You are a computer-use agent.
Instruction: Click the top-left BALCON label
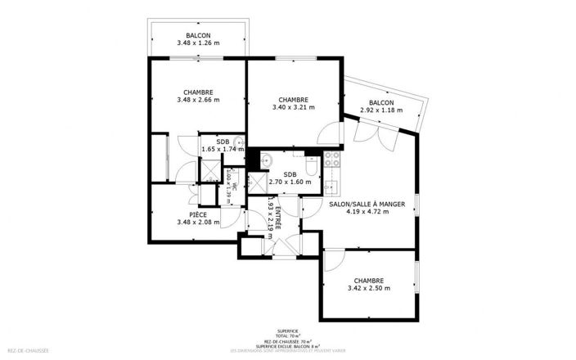tap(198, 35)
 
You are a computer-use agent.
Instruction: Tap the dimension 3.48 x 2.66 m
tap(198, 100)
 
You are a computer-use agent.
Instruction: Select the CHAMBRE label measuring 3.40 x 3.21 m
tap(293, 99)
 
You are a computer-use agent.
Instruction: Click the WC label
tap(235, 186)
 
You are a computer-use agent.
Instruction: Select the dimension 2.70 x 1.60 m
tap(290, 182)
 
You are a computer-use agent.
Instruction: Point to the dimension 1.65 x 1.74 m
tap(223, 150)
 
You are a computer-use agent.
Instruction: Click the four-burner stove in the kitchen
tap(332, 158)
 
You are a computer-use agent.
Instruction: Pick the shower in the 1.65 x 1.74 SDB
tap(210, 171)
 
